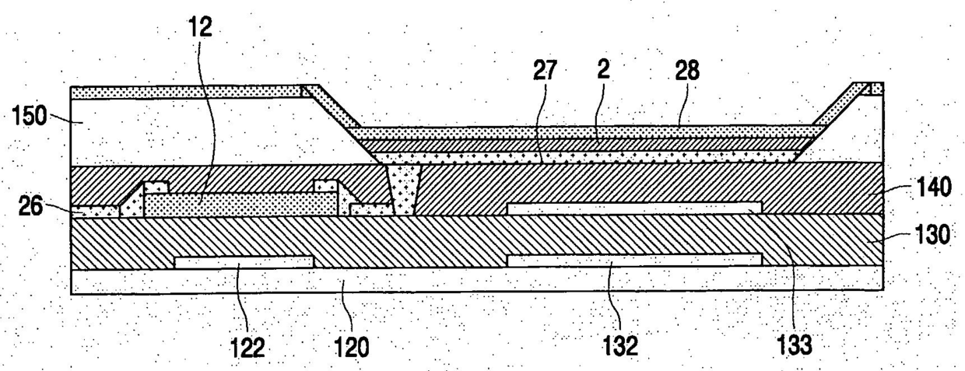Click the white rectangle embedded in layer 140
[x=633, y=208]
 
